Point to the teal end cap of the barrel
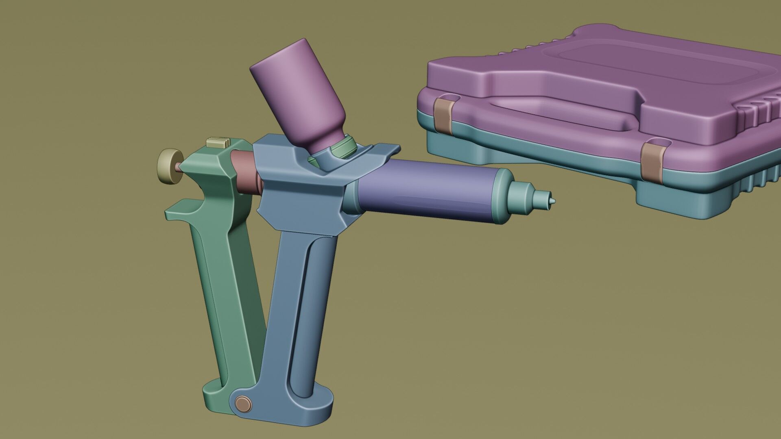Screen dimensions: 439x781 pos(504,195)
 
